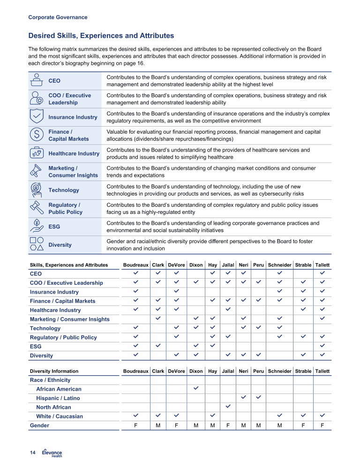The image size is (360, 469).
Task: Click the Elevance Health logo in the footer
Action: click(x=52, y=453)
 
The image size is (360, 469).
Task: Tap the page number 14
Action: click(x=33, y=453)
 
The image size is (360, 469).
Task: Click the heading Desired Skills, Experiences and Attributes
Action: click(x=101, y=36)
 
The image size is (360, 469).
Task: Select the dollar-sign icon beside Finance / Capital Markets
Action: click(x=37, y=135)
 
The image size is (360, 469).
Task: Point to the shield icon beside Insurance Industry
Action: click(x=37, y=117)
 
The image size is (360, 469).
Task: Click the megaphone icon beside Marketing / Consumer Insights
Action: click(x=37, y=172)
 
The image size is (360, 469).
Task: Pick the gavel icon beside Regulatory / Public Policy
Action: click(x=37, y=208)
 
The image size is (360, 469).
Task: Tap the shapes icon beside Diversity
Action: click(x=37, y=245)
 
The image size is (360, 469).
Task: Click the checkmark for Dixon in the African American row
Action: click(x=196, y=389)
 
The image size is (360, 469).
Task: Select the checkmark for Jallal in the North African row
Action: click(x=228, y=407)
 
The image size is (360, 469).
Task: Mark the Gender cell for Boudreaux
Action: click(x=135, y=425)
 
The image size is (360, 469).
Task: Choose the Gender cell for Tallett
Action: click(x=322, y=425)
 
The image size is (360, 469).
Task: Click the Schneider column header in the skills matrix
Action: click(x=279, y=265)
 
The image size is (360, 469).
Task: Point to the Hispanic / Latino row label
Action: click(x=58, y=398)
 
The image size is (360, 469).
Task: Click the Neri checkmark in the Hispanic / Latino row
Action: click(x=244, y=398)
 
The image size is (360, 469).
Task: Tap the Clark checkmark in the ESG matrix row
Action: click(x=158, y=346)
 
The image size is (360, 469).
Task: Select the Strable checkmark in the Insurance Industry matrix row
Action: click(x=303, y=292)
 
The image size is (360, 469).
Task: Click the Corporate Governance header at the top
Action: click(x=58, y=17)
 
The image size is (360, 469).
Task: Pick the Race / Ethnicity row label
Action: click(x=50, y=380)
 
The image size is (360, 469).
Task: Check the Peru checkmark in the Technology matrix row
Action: click(x=258, y=328)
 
